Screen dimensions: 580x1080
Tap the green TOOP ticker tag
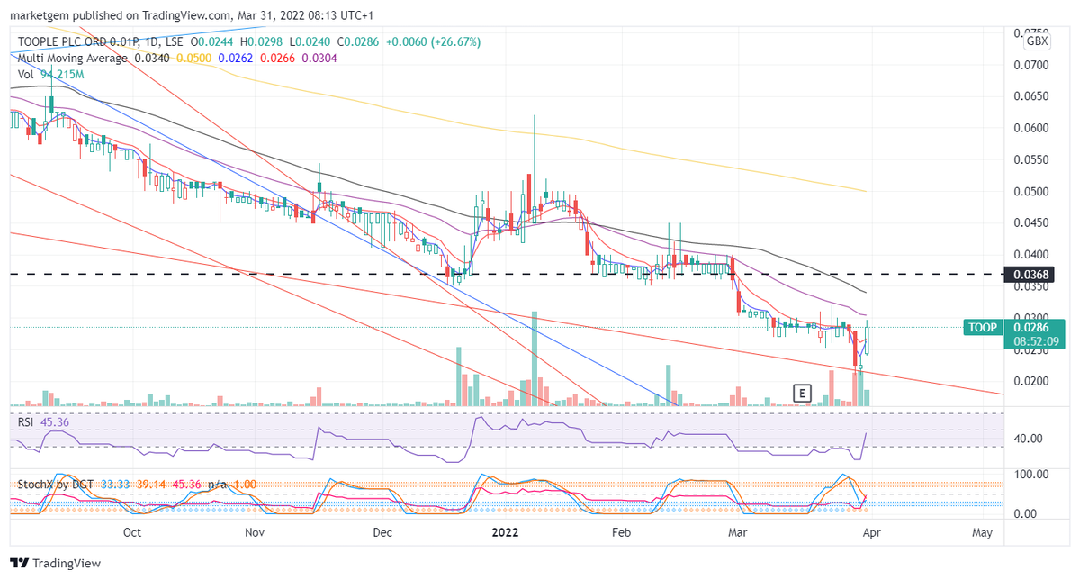click(982, 327)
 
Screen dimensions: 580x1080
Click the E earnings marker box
click(802, 392)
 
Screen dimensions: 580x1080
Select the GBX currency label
click(1037, 41)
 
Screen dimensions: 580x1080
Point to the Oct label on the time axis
click(132, 532)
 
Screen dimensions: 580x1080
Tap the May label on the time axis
click(983, 532)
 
